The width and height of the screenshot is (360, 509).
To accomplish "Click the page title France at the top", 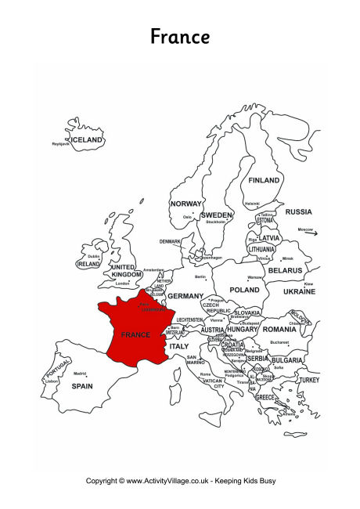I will tap(179, 37).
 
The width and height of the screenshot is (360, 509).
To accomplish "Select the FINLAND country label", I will tap(264, 180).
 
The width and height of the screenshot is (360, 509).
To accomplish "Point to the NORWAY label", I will tap(186, 204).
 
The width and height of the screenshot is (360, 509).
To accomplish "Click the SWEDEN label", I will tap(216, 215).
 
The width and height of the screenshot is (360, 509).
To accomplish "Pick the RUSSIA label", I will tap(298, 211).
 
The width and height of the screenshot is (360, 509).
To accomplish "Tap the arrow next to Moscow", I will tap(311, 232).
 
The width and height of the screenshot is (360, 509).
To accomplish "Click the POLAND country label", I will tap(244, 289).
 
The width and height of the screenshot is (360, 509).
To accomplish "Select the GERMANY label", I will tap(185, 296).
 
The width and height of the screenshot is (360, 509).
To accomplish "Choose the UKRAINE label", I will tap(299, 291).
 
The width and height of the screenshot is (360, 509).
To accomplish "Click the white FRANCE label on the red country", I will tap(135, 334).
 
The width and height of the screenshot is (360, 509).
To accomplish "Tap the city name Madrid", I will tap(80, 374).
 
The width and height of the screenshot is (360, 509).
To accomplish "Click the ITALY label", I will tap(179, 345).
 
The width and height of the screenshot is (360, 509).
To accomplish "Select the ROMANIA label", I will tap(279, 330).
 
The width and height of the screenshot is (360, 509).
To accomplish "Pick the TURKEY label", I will tap(309, 380).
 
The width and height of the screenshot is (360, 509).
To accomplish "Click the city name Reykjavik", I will tap(61, 144).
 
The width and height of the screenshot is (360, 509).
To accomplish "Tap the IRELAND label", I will tap(88, 264).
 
